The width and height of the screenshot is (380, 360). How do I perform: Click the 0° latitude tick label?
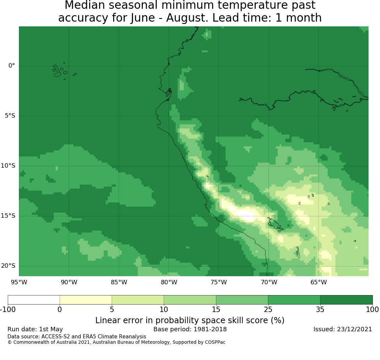[x=11, y=66]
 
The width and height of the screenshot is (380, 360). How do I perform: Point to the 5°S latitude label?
[x=10, y=116]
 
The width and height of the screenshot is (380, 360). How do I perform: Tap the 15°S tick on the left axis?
[x=8, y=216]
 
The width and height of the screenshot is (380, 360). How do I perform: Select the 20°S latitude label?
[x=8, y=266]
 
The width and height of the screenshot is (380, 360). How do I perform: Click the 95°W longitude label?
[x=19, y=282]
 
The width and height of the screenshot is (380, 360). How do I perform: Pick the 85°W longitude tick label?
[x=119, y=282]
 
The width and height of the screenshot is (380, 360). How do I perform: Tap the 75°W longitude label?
[x=219, y=282]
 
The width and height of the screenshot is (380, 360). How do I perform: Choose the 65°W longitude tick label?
[x=319, y=282]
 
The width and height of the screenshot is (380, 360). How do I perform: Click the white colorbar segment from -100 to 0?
[x=34, y=300]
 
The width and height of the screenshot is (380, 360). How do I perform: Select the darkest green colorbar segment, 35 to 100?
[x=346, y=300]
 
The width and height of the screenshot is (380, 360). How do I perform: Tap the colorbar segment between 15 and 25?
[x=242, y=300]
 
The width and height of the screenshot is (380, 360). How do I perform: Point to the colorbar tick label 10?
[x=164, y=310]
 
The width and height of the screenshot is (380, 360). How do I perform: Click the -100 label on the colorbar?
[x=8, y=310]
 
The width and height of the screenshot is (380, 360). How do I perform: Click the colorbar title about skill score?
[x=190, y=320]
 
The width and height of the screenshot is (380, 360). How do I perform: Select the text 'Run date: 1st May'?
[x=35, y=329]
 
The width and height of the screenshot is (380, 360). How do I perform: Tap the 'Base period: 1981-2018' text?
[x=190, y=329]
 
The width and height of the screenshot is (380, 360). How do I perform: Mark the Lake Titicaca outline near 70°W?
[x=275, y=225]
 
